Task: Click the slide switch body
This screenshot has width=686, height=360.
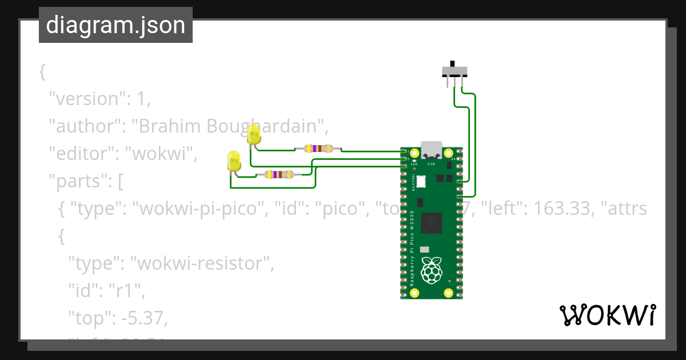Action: coord(455,71)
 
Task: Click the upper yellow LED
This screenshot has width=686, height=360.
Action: coord(254,135)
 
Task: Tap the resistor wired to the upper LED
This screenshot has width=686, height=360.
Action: coord(318,149)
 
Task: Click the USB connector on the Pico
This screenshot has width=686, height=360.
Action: coord(432,150)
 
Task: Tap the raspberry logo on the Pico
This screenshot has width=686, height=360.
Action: coord(432,270)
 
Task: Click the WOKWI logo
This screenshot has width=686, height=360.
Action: coord(607,315)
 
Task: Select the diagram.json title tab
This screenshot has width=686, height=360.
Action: coord(115,25)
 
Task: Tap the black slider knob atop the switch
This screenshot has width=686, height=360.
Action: coord(453,63)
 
